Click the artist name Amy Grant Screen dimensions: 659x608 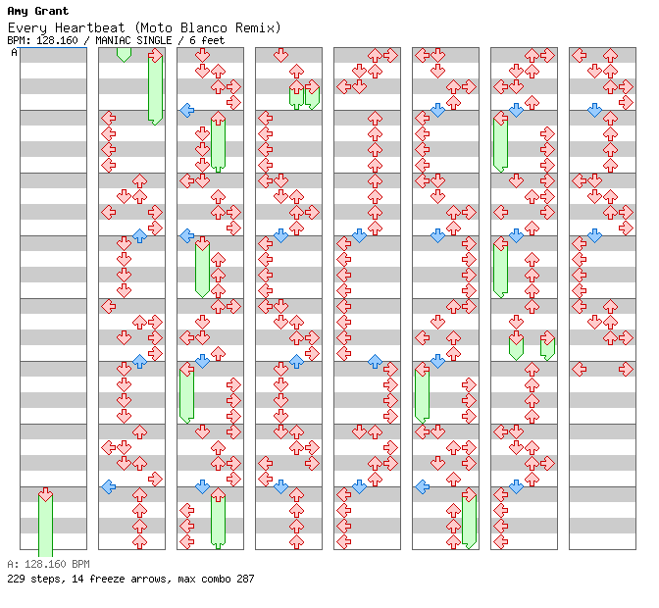coord(38,11)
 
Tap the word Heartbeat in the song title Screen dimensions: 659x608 coord(90,28)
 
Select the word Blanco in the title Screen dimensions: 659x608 coord(204,28)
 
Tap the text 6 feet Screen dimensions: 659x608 coord(207,40)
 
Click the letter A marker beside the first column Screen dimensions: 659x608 coord(15,53)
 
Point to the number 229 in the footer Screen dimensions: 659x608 coord(16,579)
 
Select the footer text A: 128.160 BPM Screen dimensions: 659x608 coord(48,564)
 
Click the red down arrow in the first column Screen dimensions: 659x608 coord(45,494)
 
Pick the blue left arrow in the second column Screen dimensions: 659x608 coord(109,487)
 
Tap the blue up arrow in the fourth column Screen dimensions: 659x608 coord(296,361)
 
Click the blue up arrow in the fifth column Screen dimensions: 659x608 coord(375,361)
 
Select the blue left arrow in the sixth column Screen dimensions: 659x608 coord(423,487)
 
